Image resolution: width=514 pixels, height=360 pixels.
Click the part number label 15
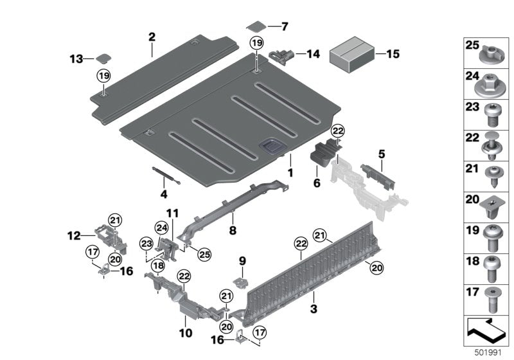pos(392,54)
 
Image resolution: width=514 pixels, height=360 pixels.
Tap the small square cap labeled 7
pos(256,26)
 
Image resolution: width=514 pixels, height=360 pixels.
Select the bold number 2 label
pos(152,37)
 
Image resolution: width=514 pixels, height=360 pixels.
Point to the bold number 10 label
pos(185,334)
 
